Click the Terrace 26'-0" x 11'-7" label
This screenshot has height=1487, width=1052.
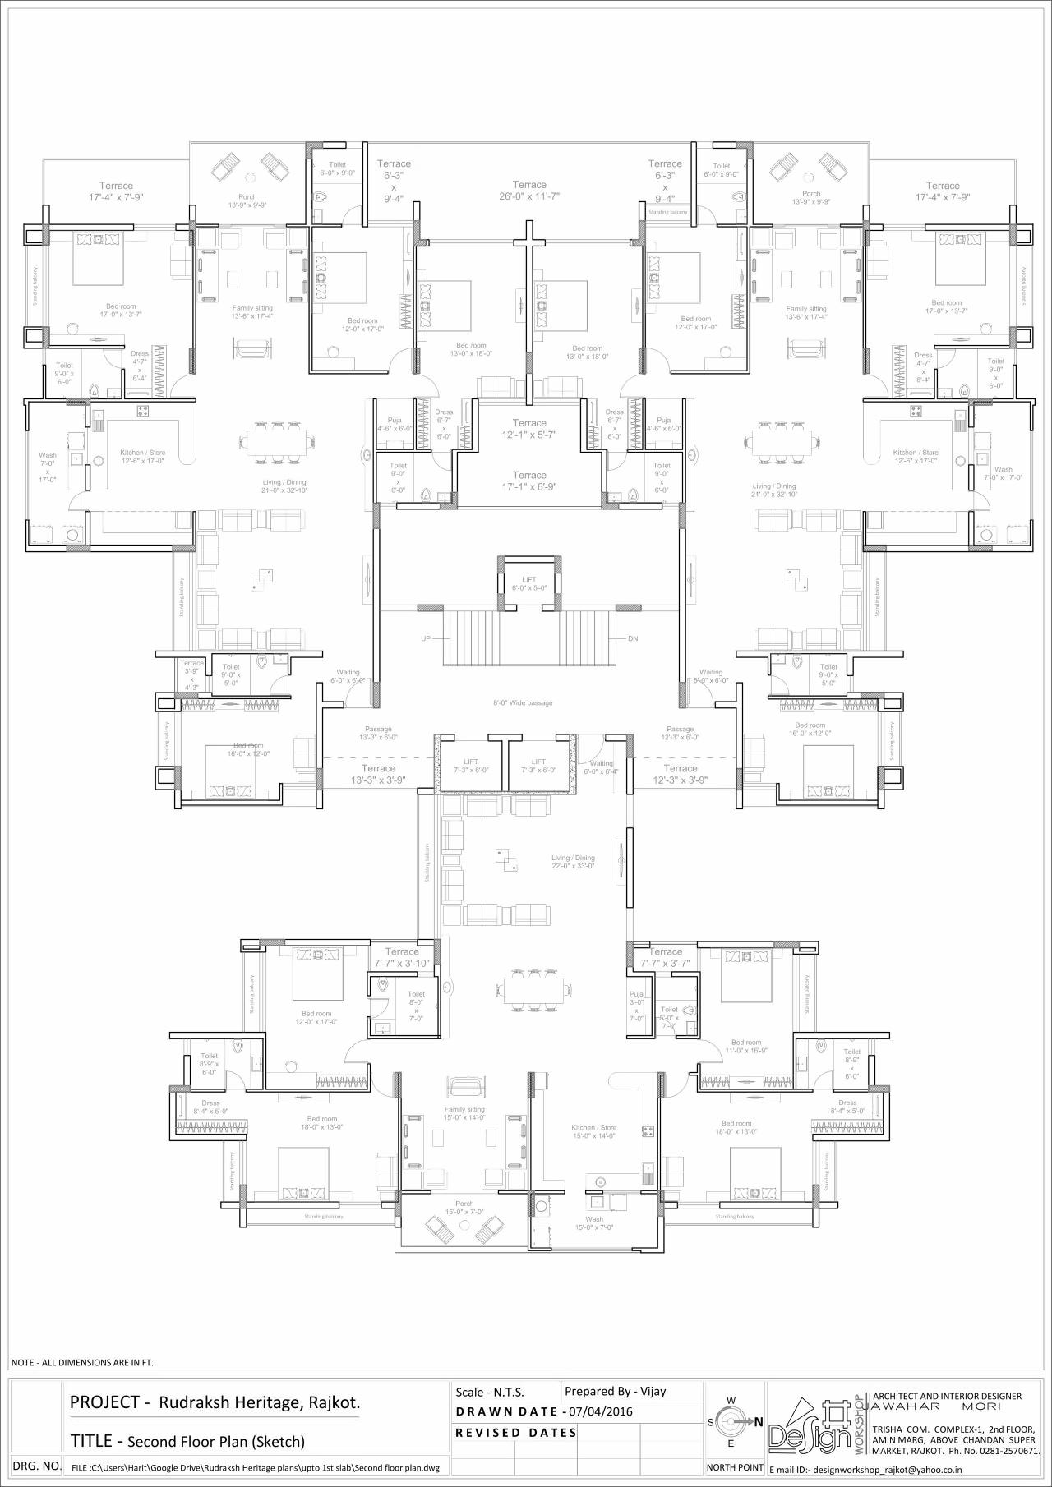[529, 191]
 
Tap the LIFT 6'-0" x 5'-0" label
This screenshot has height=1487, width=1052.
[528, 584]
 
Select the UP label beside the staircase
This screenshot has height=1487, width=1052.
[426, 638]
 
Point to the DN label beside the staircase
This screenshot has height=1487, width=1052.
[633, 638]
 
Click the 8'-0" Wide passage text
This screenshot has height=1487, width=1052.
[523, 703]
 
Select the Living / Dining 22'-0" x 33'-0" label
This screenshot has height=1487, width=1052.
[573, 862]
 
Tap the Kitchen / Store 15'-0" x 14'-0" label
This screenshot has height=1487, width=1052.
[593, 1131]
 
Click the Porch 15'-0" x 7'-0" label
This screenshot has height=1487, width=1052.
[464, 1208]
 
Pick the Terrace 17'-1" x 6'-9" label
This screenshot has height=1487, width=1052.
[529, 481]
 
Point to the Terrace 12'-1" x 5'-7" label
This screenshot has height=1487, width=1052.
[529, 429]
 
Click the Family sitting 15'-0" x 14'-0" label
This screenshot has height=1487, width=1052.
[464, 1113]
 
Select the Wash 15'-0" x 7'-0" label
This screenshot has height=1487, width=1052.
[594, 1223]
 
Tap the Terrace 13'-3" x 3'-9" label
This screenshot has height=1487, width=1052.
[378, 774]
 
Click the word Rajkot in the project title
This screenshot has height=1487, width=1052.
[334, 1403]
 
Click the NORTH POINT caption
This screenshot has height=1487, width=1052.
[735, 1467]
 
